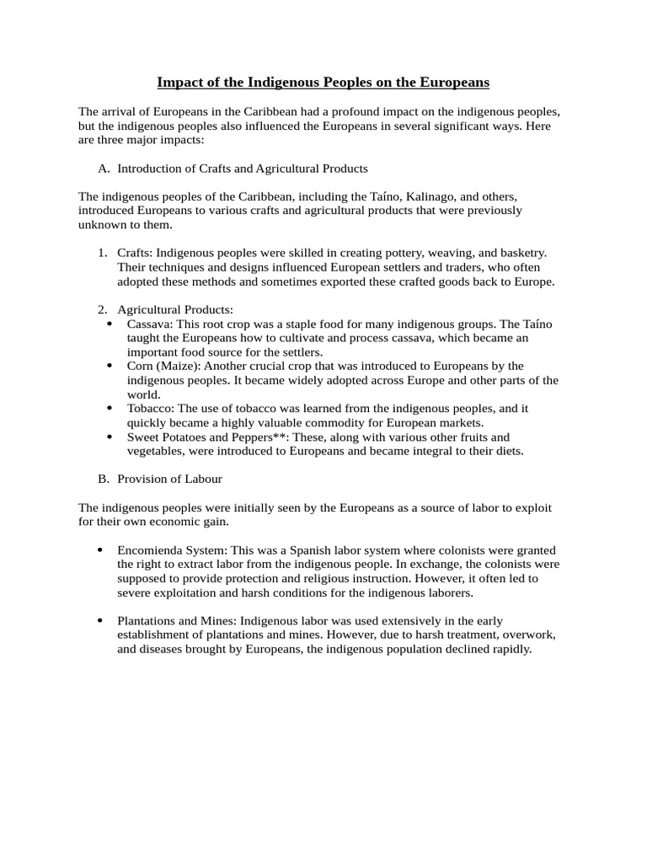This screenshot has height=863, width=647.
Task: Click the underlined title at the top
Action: pos(323,83)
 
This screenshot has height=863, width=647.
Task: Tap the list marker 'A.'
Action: pos(104,169)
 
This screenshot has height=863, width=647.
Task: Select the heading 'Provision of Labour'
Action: pos(169,479)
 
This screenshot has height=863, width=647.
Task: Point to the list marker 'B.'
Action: pos(104,479)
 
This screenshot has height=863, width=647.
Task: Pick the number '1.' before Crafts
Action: pos(103,253)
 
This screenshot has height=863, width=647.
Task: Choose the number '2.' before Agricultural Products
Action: pos(103,310)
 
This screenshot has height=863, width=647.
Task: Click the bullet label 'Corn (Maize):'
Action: pos(163,366)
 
